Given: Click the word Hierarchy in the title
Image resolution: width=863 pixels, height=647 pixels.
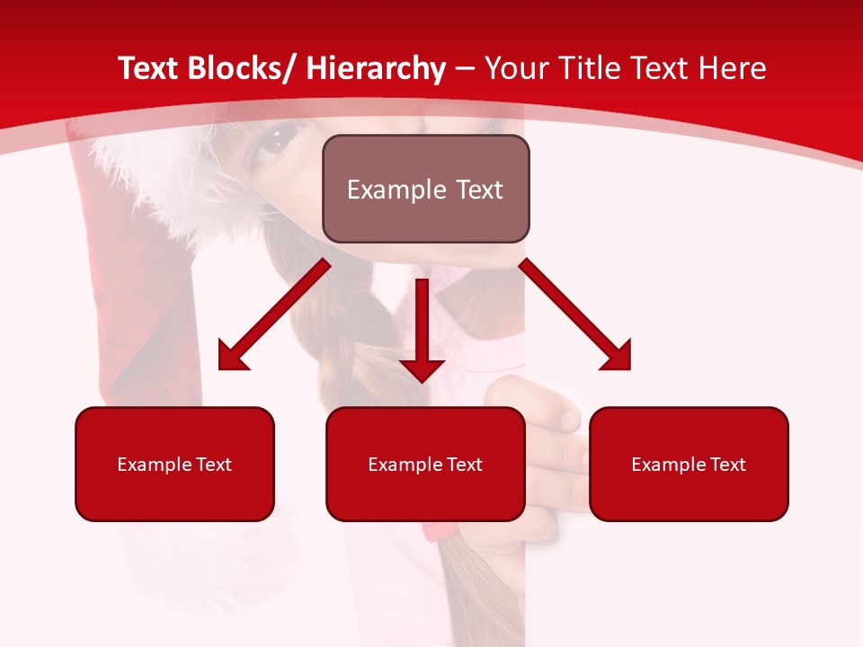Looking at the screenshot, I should (375, 69).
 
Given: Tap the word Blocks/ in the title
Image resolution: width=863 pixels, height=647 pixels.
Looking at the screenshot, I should (236, 69).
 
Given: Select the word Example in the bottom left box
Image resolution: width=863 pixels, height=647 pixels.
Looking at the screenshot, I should (154, 465).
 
